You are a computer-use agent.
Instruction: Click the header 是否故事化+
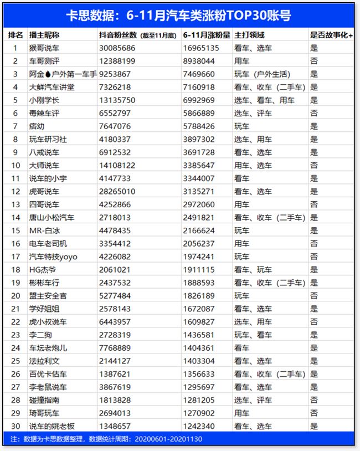point(331,35)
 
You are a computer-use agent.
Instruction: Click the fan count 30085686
point(116,48)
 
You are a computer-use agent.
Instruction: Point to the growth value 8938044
point(202,61)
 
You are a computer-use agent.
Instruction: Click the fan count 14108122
point(116,165)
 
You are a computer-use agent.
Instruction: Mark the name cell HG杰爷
point(43,270)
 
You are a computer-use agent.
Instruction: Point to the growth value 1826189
point(202,296)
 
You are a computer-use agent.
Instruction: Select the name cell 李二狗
point(40,335)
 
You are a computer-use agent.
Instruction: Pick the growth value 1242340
point(202,426)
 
